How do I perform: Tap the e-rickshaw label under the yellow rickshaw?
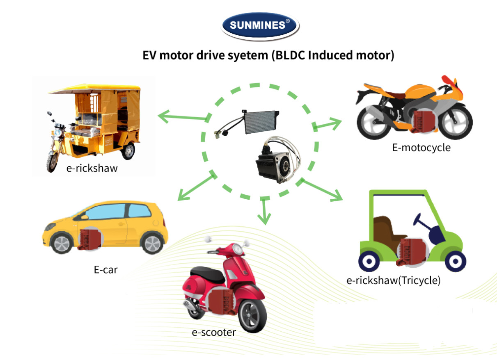pyautogui.click(x=92, y=168)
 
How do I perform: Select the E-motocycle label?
pyautogui.click(x=421, y=147)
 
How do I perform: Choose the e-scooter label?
pyautogui.click(x=214, y=332)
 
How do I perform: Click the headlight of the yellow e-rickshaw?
pyautogui.click(x=58, y=134)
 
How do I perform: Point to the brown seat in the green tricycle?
pyautogui.click(x=386, y=230)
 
